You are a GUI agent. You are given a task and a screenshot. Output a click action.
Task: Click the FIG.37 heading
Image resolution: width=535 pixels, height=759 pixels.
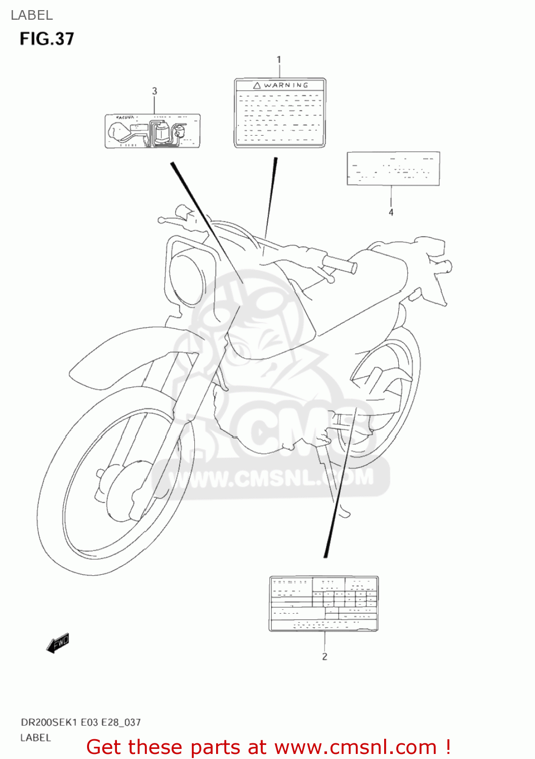[47, 39]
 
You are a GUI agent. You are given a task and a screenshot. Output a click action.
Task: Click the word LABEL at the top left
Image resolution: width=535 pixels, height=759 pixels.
[31, 15]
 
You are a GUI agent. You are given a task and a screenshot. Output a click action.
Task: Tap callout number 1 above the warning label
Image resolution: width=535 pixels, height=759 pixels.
[279, 60]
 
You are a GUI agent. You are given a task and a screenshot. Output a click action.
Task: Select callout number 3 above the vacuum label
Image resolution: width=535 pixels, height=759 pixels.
[154, 91]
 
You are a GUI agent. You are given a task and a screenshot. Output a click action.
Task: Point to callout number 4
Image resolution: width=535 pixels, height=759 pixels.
[391, 213]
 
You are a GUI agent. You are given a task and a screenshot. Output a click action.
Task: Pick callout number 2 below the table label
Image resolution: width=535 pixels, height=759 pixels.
[324, 657]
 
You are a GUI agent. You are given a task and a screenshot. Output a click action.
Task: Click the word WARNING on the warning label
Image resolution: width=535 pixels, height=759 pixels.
[286, 85]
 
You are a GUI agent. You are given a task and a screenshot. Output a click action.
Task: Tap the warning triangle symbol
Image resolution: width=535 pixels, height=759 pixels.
[257, 86]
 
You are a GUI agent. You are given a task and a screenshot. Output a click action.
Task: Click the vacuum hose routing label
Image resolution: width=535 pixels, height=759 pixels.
[152, 131]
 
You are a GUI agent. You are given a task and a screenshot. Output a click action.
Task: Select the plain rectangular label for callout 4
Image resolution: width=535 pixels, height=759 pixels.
[393, 168]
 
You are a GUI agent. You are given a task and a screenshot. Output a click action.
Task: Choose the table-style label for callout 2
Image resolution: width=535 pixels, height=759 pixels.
[323, 603]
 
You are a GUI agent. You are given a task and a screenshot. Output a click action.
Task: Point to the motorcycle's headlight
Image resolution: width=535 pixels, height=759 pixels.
[186, 278]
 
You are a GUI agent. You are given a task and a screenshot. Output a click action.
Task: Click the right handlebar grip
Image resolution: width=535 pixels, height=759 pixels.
[340, 263]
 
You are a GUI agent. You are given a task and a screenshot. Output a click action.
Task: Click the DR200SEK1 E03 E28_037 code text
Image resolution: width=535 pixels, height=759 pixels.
[80, 723]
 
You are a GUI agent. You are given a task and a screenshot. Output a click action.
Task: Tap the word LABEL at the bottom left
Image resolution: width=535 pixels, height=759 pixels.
[35, 738]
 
